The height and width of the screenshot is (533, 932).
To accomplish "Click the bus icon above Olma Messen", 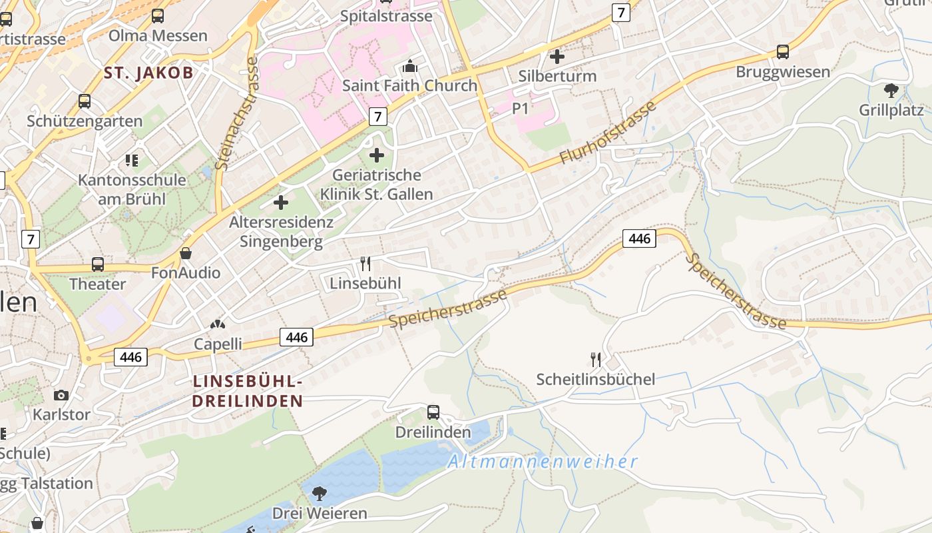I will (x=158, y=16).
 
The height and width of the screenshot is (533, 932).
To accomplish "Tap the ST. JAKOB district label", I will (x=148, y=73).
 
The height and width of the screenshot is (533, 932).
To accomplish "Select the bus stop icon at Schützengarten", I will (x=85, y=101).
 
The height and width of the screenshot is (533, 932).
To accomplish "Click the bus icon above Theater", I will (x=98, y=264).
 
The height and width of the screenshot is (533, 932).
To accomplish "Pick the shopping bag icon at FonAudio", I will (x=186, y=253).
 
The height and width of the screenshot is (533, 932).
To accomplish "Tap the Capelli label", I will (x=218, y=344).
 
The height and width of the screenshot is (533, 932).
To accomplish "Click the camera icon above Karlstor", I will (x=61, y=395).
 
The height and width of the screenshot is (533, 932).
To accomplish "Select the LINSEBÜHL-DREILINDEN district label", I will (x=248, y=391).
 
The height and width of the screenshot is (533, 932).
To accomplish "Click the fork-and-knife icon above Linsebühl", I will (x=365, y=264).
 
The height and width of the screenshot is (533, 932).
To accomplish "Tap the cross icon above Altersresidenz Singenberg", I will (x=281, y=202).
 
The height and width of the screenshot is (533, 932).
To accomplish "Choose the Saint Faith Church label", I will (x=409, y=85).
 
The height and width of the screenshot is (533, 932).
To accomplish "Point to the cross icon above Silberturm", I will (x=557, y=57).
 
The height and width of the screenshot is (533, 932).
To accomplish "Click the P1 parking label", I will (x=520, y=108).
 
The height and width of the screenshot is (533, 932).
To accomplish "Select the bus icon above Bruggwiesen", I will (x=783, y=52).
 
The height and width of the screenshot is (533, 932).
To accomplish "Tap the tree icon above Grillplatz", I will (x=891, y=91).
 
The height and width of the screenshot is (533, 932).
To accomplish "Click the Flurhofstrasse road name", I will (x=608, y=133).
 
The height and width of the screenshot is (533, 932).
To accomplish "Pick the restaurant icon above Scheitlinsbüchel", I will (x=596, y=360).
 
